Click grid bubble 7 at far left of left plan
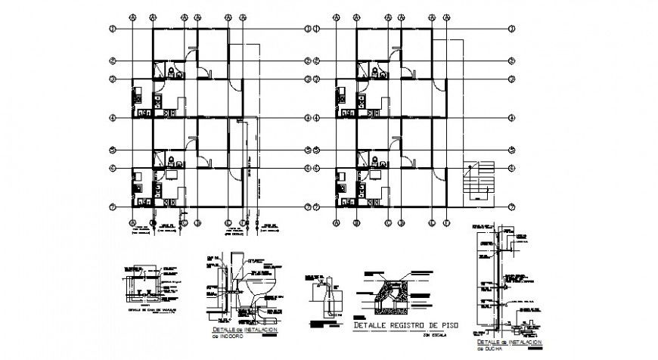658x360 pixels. [x=112, y=207]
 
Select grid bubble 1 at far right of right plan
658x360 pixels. [x=511, y=29]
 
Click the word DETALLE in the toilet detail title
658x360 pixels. [x=223, y=329]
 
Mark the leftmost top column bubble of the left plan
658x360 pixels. [x=133, y=15]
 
